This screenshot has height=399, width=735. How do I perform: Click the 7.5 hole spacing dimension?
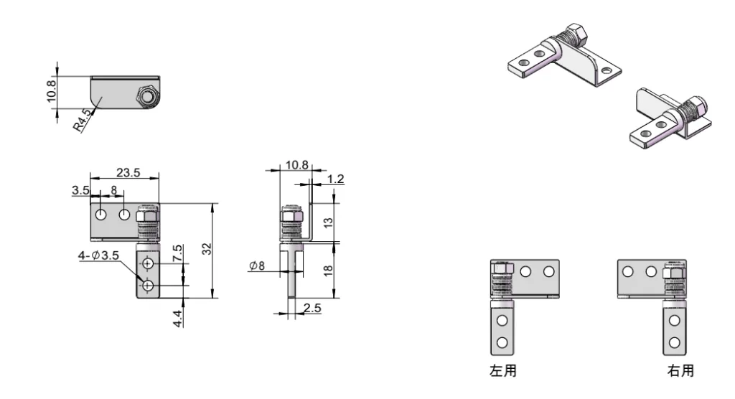pos(177,253)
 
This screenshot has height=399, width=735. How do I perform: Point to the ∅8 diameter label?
pos(257,266)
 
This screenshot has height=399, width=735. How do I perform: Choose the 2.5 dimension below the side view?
pos(313,308)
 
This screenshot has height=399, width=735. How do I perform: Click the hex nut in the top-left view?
pos(147,97)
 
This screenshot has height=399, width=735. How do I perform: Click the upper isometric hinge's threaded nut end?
pos(574,34)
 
